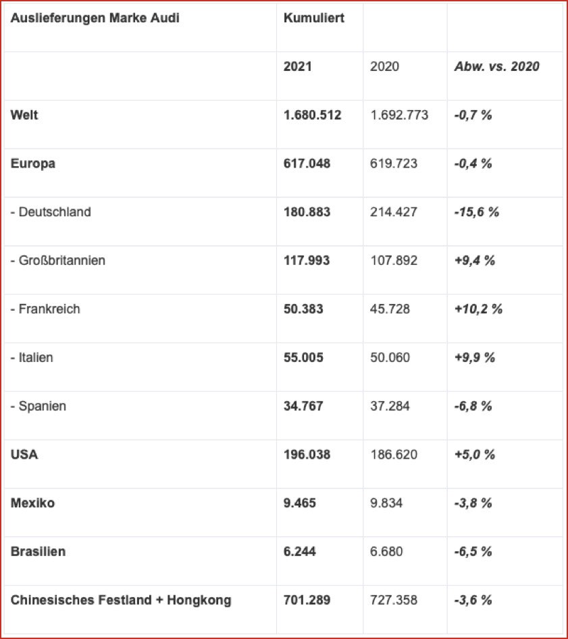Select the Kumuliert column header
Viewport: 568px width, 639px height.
point(314,18)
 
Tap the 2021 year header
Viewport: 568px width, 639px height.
point(298,67)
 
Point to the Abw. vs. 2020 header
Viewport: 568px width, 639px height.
point(496,67)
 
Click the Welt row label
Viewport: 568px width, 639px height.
point(24,115)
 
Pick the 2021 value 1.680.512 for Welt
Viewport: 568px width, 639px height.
point(313,116)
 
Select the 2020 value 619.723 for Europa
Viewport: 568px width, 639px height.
point(394,163)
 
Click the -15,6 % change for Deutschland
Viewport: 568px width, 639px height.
point(477,212)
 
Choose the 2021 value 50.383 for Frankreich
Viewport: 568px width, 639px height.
point(304,309)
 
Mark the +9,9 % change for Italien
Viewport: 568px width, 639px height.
point(475,358)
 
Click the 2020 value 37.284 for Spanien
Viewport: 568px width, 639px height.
point(390,407)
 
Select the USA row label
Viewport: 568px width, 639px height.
point(24,455)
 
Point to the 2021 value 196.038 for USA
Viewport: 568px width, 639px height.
point(307,455)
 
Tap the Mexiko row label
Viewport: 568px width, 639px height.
point(32,503)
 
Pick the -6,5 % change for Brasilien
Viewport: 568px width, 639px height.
point(473,552)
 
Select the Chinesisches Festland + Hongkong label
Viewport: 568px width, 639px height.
point(121,600)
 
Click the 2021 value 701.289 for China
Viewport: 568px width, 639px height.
point(307,600)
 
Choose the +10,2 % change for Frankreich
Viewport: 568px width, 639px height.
point(478,309)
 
